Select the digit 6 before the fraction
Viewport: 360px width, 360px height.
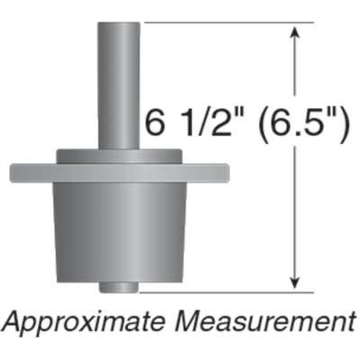[156, 123]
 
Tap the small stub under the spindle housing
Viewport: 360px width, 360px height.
[116, 287]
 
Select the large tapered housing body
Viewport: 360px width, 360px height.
[116, 229]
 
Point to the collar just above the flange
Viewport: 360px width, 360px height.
[116, 155]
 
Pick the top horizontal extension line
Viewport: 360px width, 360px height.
[225, 22]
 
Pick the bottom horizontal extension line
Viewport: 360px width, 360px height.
[225, 291]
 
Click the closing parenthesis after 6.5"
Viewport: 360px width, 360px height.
[344, 123]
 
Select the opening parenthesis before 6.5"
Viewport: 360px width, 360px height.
[249, 123]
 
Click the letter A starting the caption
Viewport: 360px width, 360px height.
[13, 321]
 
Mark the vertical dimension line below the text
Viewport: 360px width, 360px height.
[294, 216]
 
